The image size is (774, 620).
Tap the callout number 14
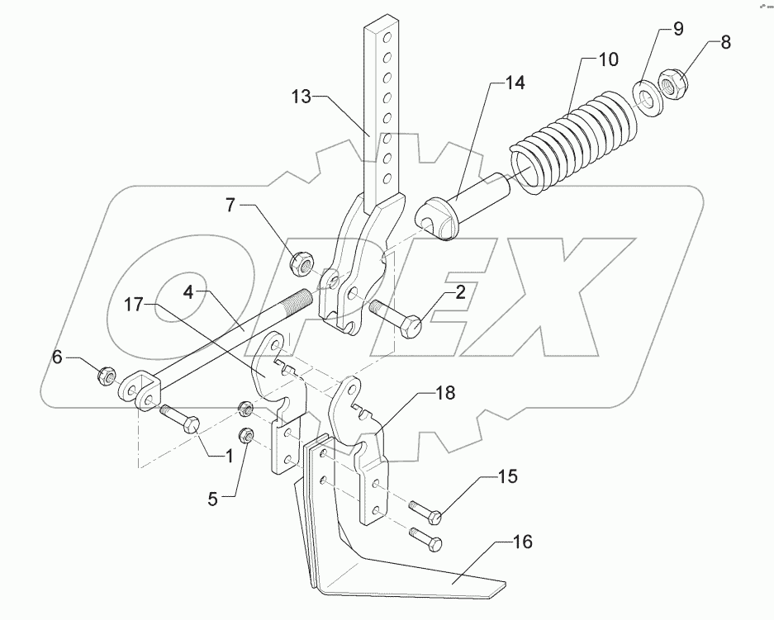515,83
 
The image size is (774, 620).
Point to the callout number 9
677,30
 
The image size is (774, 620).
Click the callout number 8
725,43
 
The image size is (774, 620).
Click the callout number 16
521,542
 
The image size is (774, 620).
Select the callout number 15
507,477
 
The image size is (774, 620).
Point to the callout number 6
57,357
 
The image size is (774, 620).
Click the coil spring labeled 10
570,136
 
